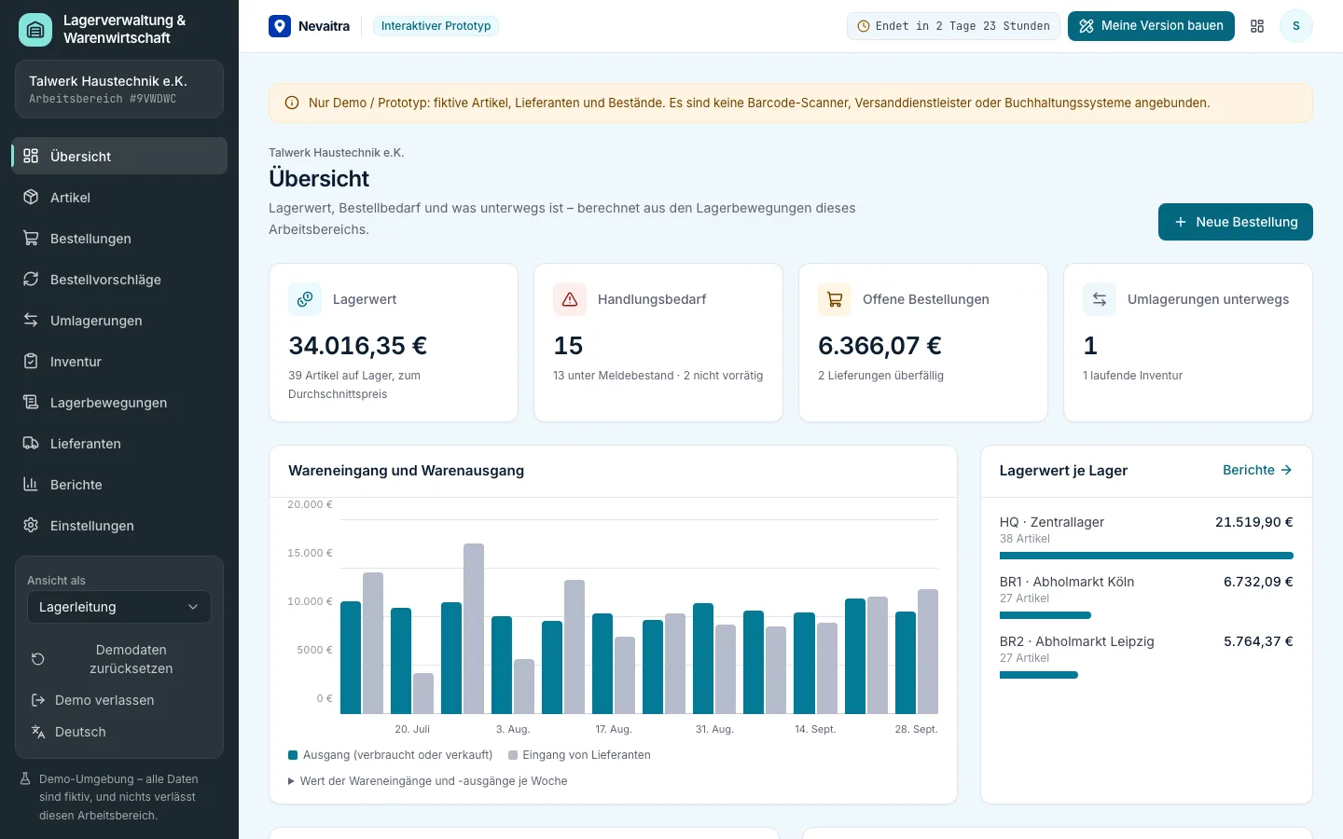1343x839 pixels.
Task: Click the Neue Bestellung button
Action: [1235, 222]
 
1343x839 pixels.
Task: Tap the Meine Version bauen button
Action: [1151, 26]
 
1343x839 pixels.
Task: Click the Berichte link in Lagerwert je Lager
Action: [1257, 470]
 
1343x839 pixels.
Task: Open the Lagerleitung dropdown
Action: [118, 607]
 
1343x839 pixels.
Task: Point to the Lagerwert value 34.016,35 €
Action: [357, 345]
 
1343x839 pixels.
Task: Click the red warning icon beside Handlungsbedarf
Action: [570, 299]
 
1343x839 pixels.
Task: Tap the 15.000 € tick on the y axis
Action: [310, 553]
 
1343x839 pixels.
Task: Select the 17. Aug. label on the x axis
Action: [614, 729]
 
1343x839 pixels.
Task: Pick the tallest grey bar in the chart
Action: [474, 628]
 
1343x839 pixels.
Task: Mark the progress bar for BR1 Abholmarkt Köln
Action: [1045, 615]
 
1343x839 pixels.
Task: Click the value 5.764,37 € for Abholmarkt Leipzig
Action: [1258, 641]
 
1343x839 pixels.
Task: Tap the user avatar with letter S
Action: [1295, 26]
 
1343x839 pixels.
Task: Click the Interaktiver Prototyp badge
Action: [436, 26]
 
